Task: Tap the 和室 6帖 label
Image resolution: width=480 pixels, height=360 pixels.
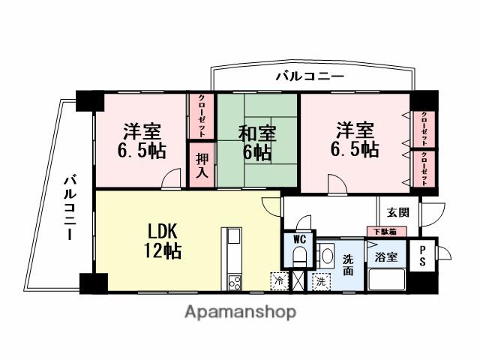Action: point(256,143)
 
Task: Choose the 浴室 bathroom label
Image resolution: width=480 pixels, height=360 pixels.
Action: point(386,256)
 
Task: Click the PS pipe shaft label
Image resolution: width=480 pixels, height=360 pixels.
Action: point(423,256)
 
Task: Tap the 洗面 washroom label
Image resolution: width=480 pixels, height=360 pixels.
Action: point(349,263)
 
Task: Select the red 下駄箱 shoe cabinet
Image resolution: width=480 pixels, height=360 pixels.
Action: point(385,231)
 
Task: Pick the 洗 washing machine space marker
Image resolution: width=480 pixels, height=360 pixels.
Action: point(321,281)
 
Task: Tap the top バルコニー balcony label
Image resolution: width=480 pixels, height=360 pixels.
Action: point(309,76)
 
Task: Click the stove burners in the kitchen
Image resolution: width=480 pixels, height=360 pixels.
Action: point(233,281)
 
